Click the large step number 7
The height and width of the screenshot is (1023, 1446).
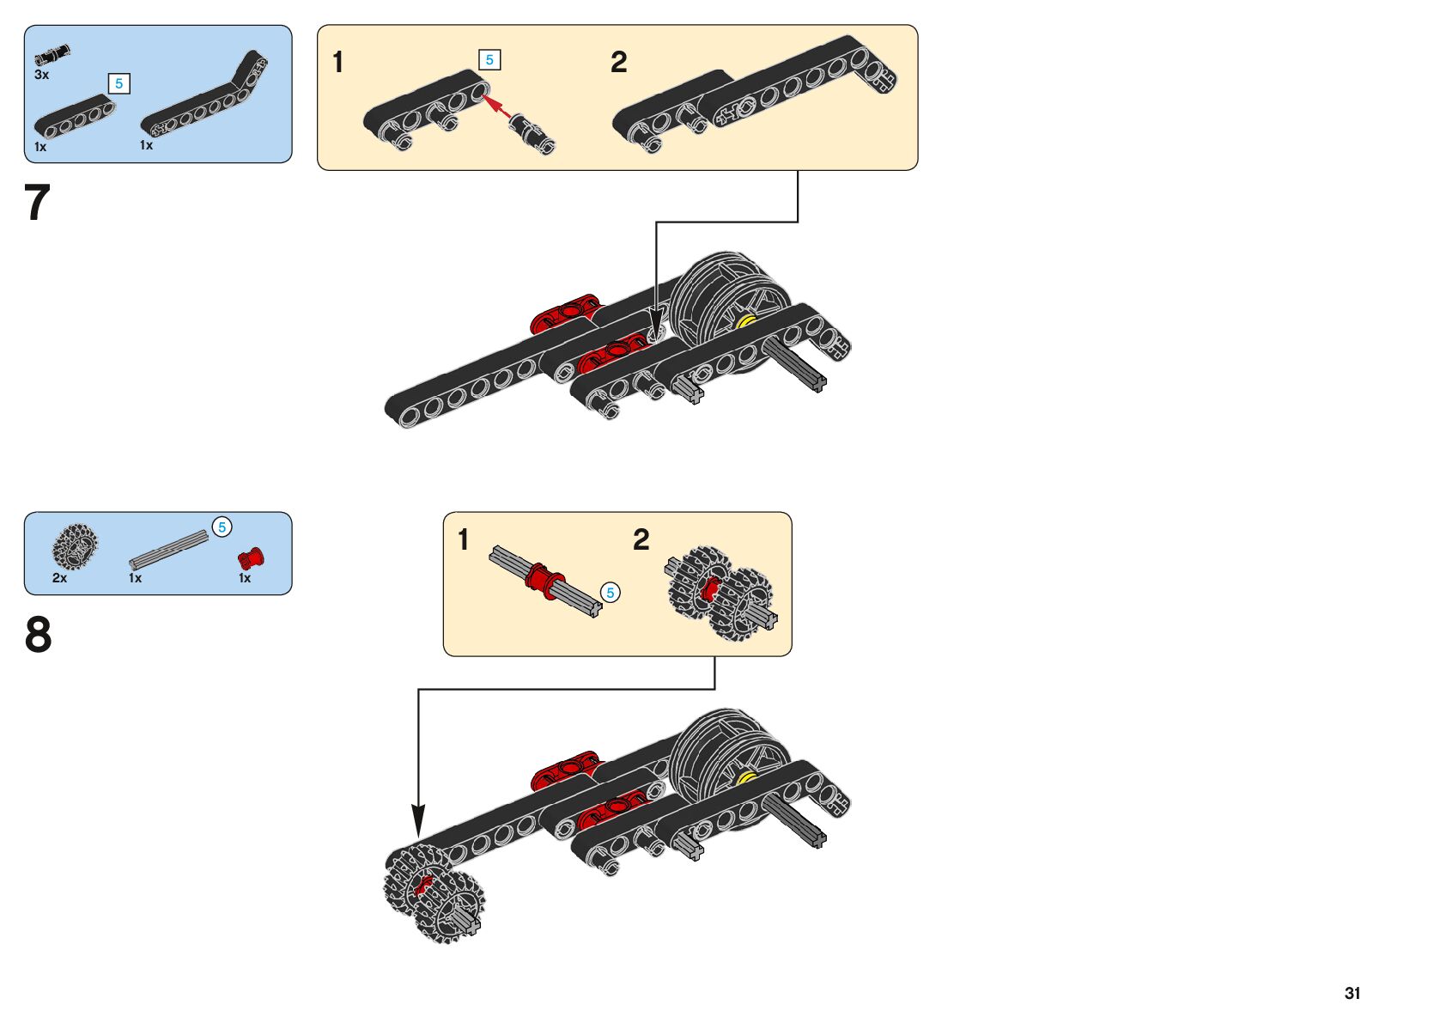(x=38, y=203)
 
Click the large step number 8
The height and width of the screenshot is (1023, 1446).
(x=38, y=636)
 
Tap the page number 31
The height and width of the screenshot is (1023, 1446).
(x=1352, y=993)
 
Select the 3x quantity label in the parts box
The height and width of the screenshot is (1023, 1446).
(x=41, y=75)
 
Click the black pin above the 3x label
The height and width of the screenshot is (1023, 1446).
(x=52, y=55)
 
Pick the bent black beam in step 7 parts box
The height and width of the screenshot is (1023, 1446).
(x=206, y=99)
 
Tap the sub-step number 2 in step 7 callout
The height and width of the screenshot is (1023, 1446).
(x=618, y=62)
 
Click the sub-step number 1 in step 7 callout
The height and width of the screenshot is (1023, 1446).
(x=338, y=62)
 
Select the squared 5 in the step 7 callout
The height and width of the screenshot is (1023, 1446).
(x=489, y=59)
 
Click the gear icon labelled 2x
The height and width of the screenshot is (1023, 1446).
(x=75, y=546)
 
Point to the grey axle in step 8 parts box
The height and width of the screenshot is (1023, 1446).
(x=169, y=549)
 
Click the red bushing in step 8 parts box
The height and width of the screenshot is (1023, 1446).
(x=251, y=558)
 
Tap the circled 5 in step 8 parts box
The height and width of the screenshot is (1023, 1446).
(x=222, y=527)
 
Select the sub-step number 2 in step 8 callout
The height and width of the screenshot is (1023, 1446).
(x=641, y=539)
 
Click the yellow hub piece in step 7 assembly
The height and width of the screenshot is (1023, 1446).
(x=744, y=322)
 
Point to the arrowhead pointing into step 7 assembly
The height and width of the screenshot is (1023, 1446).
(x=656, y=326)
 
